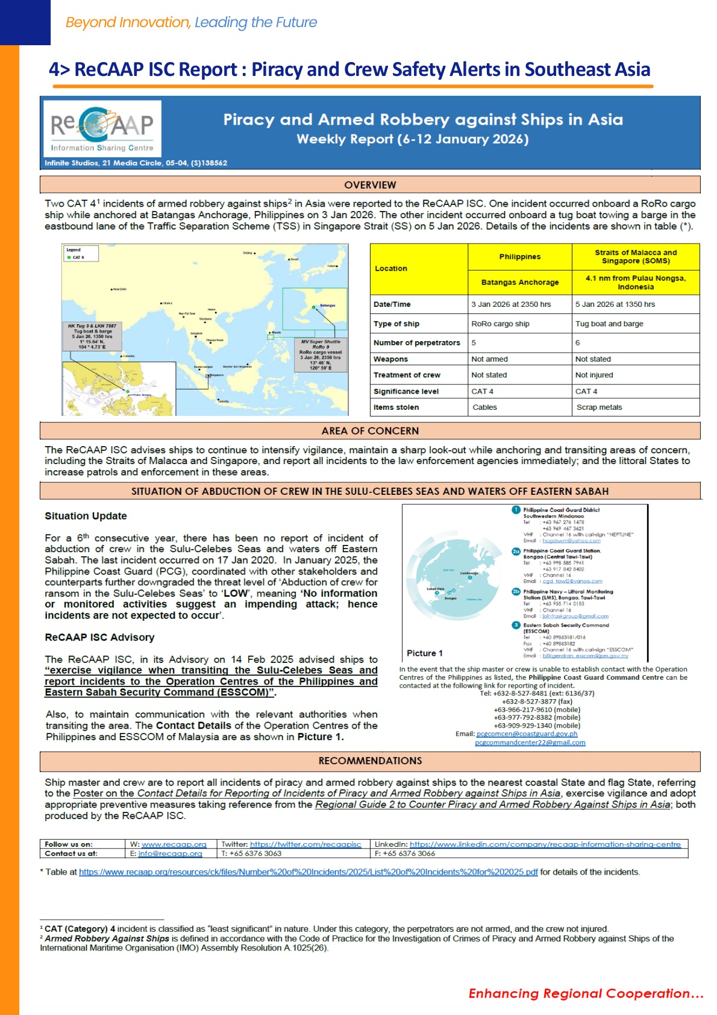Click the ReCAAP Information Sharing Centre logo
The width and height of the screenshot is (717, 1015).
coord(102,128)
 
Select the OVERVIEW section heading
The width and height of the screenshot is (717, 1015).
coord(370,184)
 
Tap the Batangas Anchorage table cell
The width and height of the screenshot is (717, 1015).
coord(519,282)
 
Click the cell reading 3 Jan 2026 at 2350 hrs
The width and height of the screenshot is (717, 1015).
coord(511,304)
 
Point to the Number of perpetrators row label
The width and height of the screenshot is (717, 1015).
coord(416,343)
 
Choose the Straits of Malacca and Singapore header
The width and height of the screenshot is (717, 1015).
coord(635,257)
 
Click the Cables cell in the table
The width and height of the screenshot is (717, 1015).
coord(484,407)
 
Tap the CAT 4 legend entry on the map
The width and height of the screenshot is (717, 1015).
coord(77,257)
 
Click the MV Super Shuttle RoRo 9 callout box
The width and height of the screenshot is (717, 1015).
coord(321,354)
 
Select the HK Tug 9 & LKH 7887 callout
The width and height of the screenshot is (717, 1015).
coord(92,336)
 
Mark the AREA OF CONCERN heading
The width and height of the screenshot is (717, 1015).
coord(370,431)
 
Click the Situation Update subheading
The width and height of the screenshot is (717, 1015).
coord(86,516)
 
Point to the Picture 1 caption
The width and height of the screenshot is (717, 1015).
coord(424,653)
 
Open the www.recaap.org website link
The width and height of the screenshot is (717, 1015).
coord(174,844)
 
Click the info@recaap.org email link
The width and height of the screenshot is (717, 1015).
coord(170,853)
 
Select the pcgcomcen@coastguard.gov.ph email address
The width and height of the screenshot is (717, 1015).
coord(527,734)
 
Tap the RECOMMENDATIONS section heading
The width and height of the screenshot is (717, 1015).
coord(370,761)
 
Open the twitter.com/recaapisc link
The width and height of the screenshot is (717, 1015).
coord(305,844)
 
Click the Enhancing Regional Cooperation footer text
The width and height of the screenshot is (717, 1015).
coord(586,993)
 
